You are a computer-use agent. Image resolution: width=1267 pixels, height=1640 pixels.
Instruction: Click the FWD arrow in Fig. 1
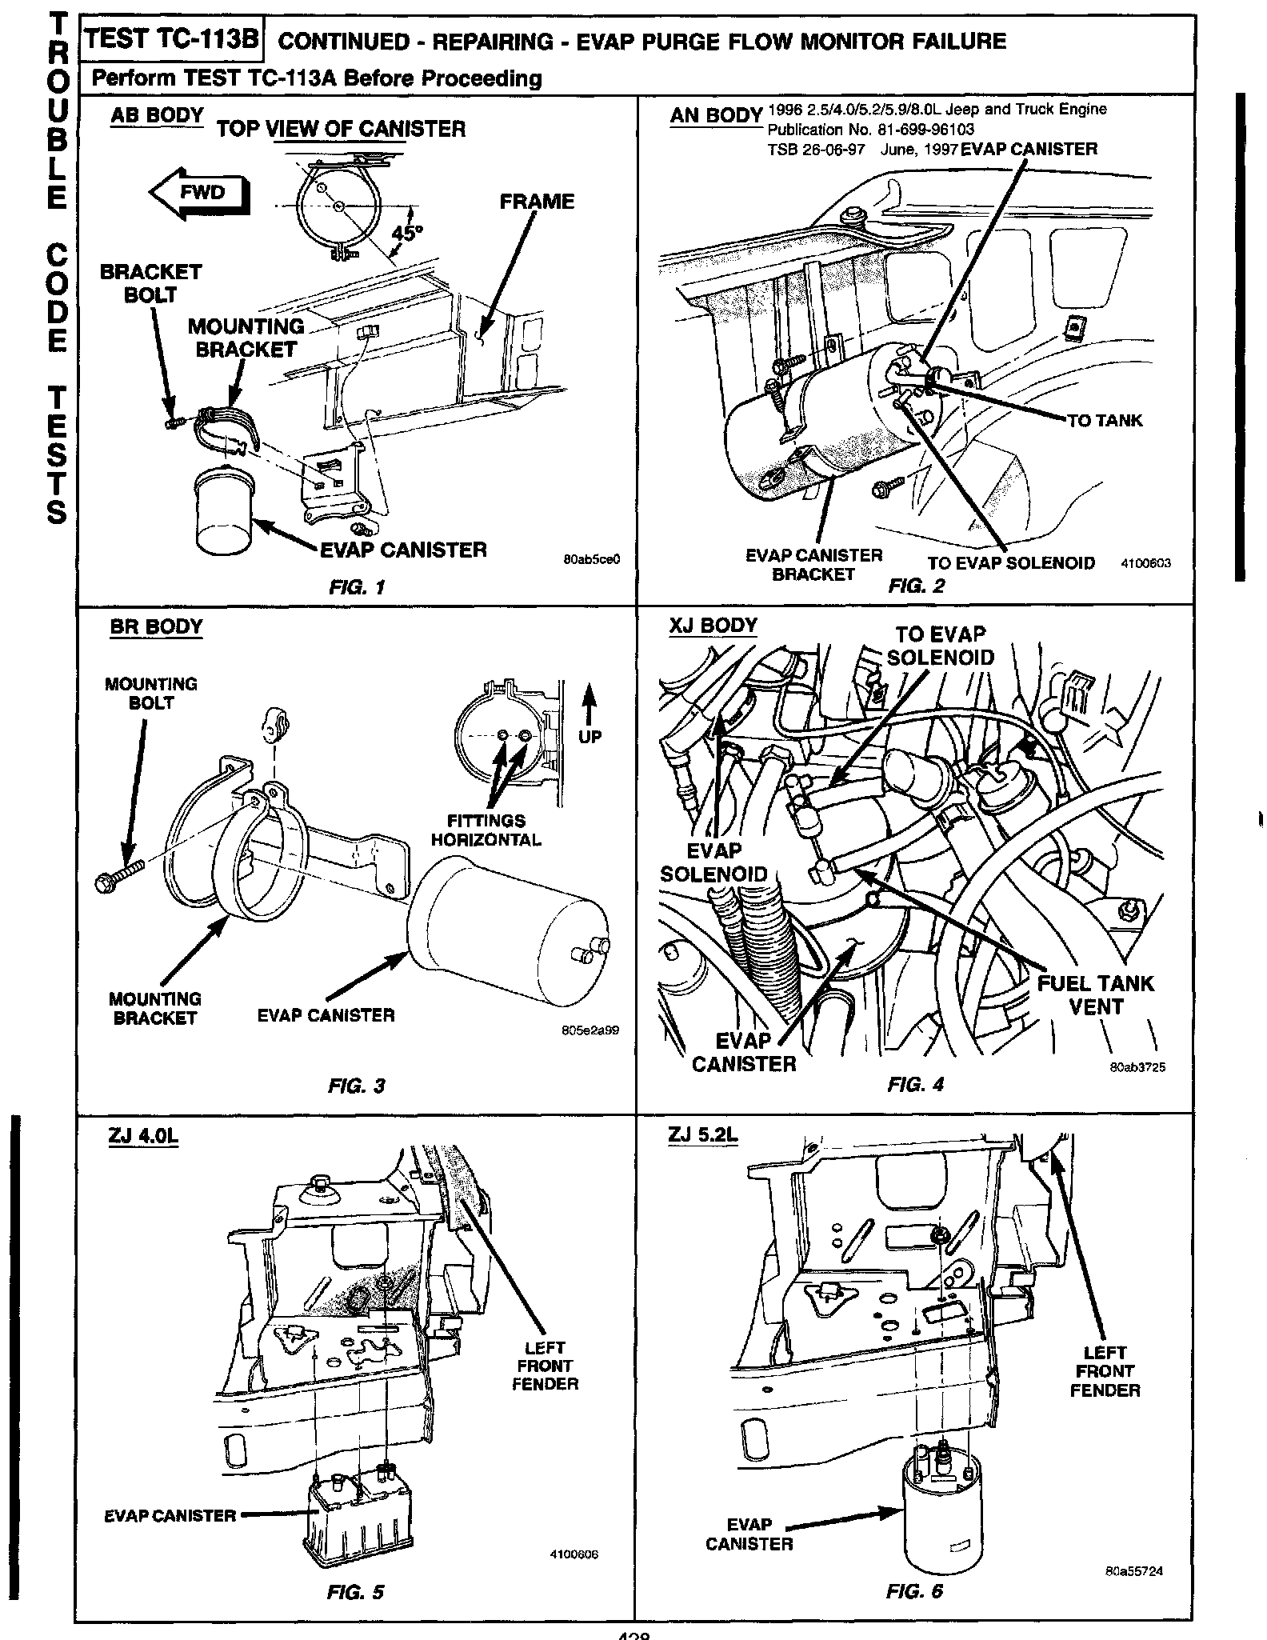(x=200, y=193)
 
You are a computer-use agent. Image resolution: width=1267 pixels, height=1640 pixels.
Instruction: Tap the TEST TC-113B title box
(x=172, y=40)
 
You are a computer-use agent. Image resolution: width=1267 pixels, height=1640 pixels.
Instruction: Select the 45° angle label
(x=407, y=234)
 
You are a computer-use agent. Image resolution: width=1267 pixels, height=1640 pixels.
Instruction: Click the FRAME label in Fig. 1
(x=537, y=202)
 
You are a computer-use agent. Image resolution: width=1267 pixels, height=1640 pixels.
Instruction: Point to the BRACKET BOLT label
(x=150, y=283)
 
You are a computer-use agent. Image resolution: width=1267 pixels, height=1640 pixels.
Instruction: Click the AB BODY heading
(x=157, y=116)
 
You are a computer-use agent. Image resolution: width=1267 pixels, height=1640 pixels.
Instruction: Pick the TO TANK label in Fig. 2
(x=1105, y=421)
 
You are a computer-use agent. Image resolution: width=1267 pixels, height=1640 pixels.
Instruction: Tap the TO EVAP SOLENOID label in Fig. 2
(x=1011, y=563)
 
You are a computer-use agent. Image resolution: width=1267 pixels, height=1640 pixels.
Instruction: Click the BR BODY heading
(x=156, y=626)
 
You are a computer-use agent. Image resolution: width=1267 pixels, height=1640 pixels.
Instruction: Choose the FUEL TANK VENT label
(x=1095, y=994)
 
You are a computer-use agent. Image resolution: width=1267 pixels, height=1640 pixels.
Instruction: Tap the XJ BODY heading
(x=713, y=626)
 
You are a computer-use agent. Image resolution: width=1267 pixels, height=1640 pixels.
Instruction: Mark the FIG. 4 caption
(x=915, y=1085)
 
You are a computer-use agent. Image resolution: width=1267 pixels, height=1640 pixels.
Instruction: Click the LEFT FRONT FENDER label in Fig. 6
(x=1105, y=1371)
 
